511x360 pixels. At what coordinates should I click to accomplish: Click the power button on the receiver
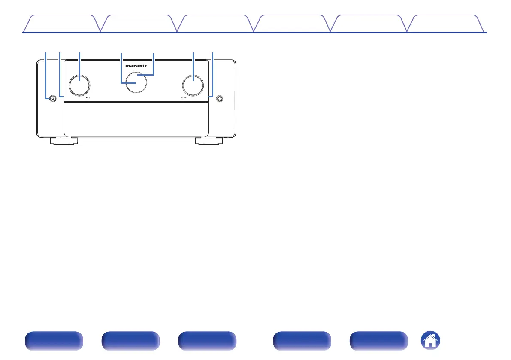click(x=52, y=99)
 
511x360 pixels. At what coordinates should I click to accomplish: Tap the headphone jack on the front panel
click(x=220, y=99)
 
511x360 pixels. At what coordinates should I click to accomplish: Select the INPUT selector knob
click(x=79, y=85)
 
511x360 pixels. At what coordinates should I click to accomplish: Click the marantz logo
click(x=136, y=67)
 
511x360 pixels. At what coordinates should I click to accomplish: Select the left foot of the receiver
click(x=63, y=141)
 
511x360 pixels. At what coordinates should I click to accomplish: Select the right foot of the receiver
click(x=209, y=141)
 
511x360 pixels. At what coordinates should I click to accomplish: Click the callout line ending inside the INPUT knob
click(x=80, y=64)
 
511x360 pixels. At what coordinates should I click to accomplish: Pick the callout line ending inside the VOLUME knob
click(x=193, y=64)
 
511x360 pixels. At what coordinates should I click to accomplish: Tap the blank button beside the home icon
click(x=379, y=342)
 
